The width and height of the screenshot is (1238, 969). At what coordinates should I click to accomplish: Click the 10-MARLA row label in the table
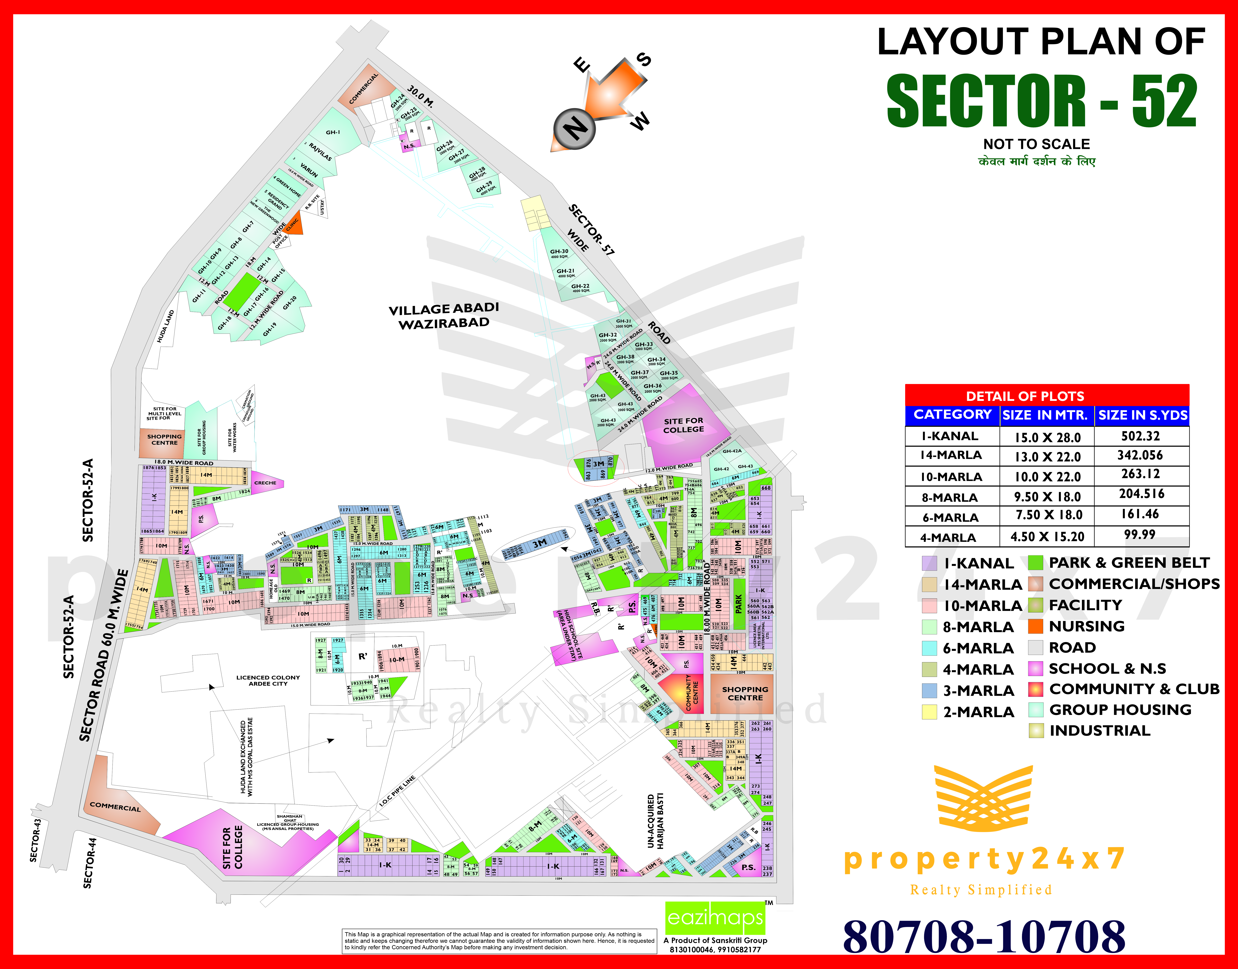[x=951, y=477]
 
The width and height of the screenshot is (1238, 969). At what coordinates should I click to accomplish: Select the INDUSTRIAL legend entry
[x=1100, y=731]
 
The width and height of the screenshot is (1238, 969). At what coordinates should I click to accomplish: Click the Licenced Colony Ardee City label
[x=268, y=680]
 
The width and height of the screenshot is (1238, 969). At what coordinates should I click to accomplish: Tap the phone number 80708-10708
[x=984, y=936]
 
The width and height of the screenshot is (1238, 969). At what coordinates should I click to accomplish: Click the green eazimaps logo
[x=715, y=918]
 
